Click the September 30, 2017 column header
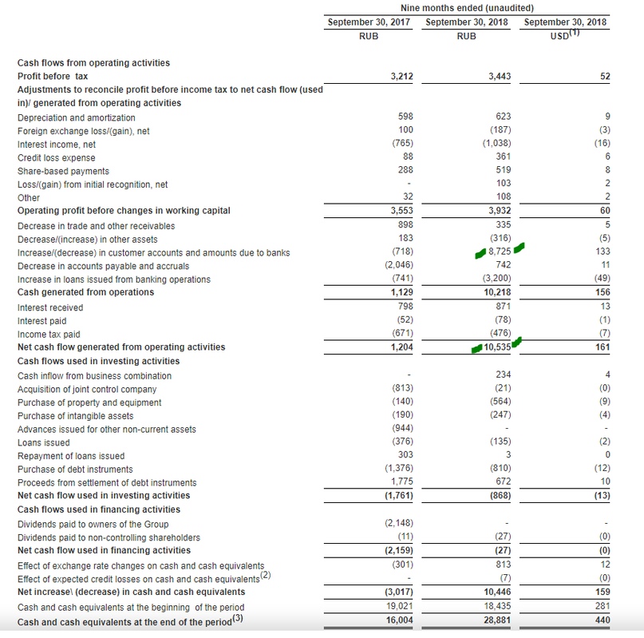pyautogui.click(x=369, y=22)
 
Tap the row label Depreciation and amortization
pyautogui.click(x=77, y=117)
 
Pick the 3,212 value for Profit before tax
pyautogui.click(x=401, y=76)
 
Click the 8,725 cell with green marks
pyautogui.click(x=499, y=252)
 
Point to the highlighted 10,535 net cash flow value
pyautogui.click(x=495, y=347)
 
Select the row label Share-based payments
pyautogui.click(x=64, y=171)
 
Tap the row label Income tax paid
pyautogui.click(x=49, y=334)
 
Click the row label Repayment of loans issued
pyautogui.click(x=71, y=456)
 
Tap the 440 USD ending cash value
pyautogui.click(x=603, y=620)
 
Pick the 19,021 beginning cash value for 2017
pyautogui.click(x=399, y=608)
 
